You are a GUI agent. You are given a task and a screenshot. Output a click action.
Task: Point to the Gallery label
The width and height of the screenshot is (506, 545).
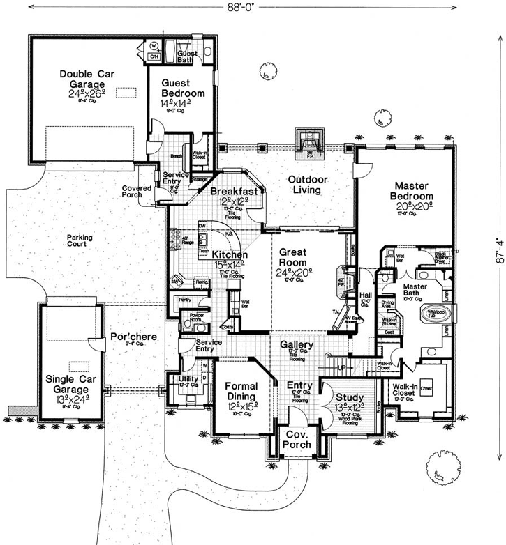pyautogui.click(x=297, y=345)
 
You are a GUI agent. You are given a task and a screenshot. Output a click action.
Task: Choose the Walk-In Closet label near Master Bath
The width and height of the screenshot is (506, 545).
pyautogui.click(x=405, y=389)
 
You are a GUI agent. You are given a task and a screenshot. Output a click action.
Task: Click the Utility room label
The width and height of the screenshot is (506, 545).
pyautogui.click(x=189, y=380)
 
